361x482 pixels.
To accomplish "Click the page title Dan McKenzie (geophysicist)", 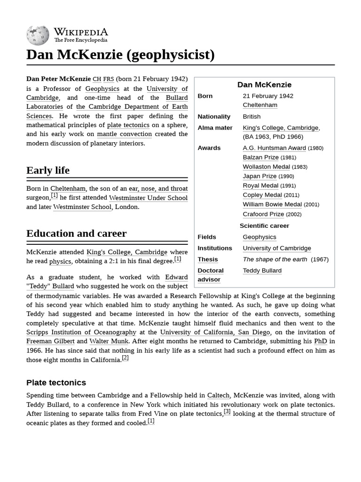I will pos(120,55).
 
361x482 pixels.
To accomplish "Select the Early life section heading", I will pos(48,170).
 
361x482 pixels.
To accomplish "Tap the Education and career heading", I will pos(76,233).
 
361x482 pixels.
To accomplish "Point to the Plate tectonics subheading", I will pos(56,383).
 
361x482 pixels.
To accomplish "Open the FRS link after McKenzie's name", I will pos(109,79).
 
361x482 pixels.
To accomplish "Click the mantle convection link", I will pos(125,134).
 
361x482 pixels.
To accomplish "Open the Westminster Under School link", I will pos(148,198).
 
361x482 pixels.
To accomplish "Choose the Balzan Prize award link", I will pos(260,157).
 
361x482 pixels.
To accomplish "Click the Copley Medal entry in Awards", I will pos(262,195).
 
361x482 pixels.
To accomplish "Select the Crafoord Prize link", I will pos(263,214).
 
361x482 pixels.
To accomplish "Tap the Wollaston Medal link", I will pos(266,167).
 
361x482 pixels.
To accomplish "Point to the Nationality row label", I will pos(214,116).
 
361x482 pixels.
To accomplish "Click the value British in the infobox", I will pos(251,116).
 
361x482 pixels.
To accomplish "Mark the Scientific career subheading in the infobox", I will pos(264,225).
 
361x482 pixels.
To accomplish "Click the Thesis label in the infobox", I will pos(208,259).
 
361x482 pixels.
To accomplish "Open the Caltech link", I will pos(218,395).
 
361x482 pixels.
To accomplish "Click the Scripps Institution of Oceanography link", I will pos(81,332).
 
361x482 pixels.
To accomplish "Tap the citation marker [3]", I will pos(227,412).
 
